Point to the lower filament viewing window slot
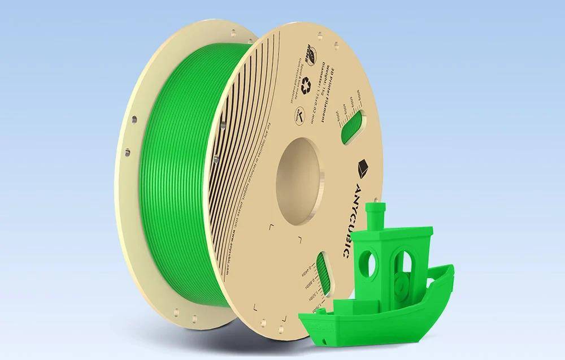[321, 271]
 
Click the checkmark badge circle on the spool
[297, 118]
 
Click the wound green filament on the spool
[169, 186]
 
